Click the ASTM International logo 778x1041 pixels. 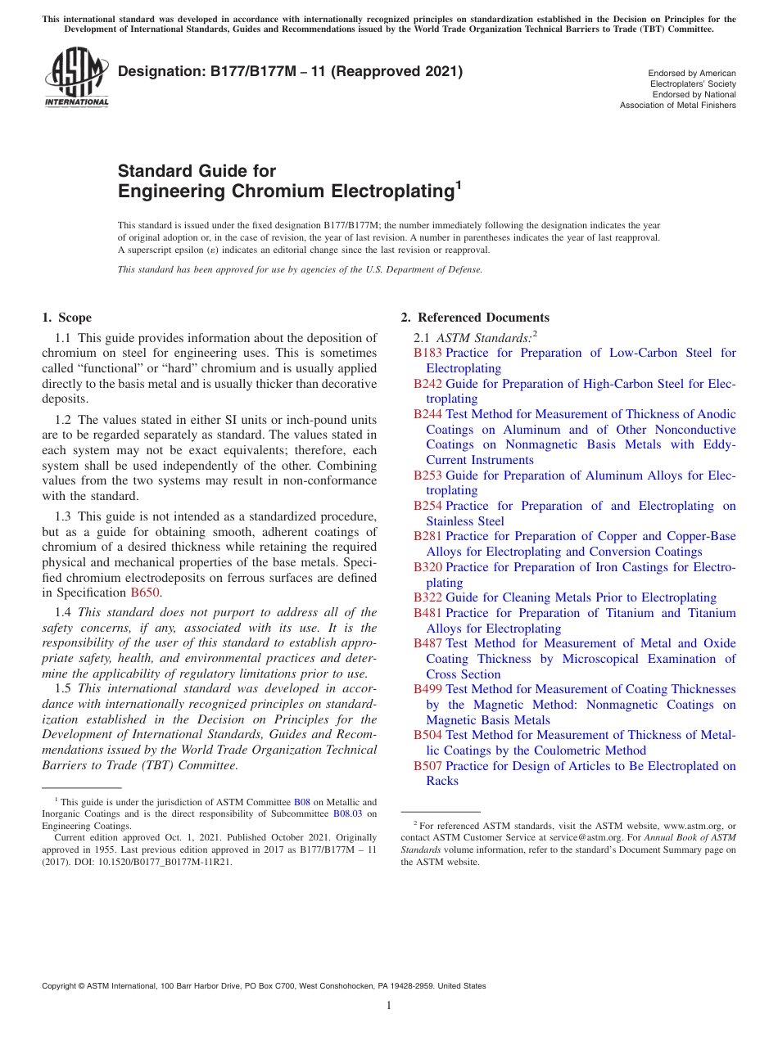[x=75, y=78]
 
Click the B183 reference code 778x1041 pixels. [x=427, y=353]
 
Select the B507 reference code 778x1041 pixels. [x=427, y=766]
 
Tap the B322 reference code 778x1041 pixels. [x=427, y=597]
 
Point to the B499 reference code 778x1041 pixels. [x=427, y=689]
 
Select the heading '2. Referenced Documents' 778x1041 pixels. [x=474, y=318]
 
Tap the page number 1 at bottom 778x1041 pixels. [x=389, y=1005]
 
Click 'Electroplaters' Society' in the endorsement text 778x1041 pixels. [x=693, y=83]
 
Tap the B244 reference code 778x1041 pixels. [x=427, y=414]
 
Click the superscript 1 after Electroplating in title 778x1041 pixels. [x=459, y=187]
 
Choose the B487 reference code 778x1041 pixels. [x=427, y=643]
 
